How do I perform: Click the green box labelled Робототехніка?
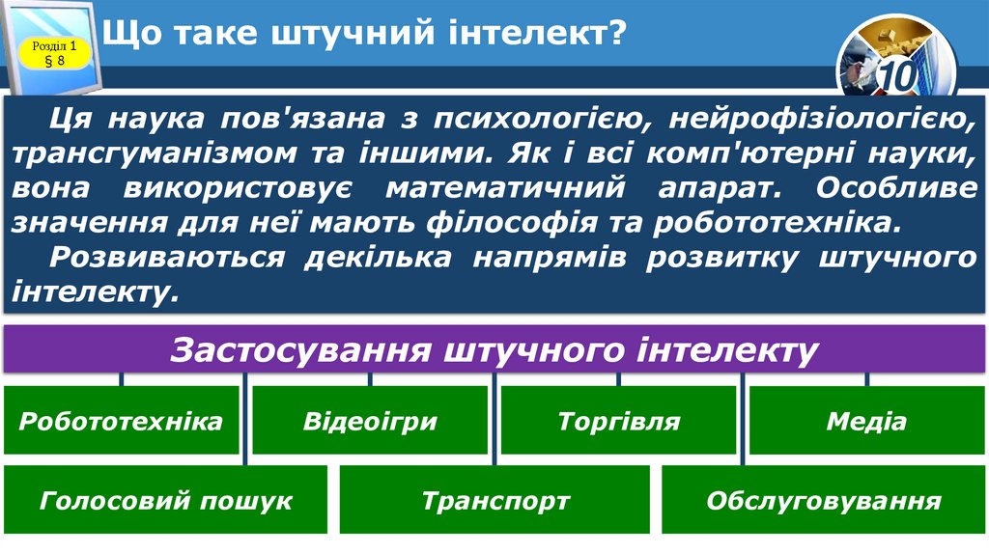point(121,421)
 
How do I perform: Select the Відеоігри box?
point(370,421)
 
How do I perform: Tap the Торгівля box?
point(618,421)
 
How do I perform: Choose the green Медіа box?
point(866,421)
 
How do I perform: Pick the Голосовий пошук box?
point(166,500)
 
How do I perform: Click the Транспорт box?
point(495,500)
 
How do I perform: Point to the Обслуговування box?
point(823,500)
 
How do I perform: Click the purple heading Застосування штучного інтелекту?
point(494,349)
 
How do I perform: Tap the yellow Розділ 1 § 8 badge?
point(54,53)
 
